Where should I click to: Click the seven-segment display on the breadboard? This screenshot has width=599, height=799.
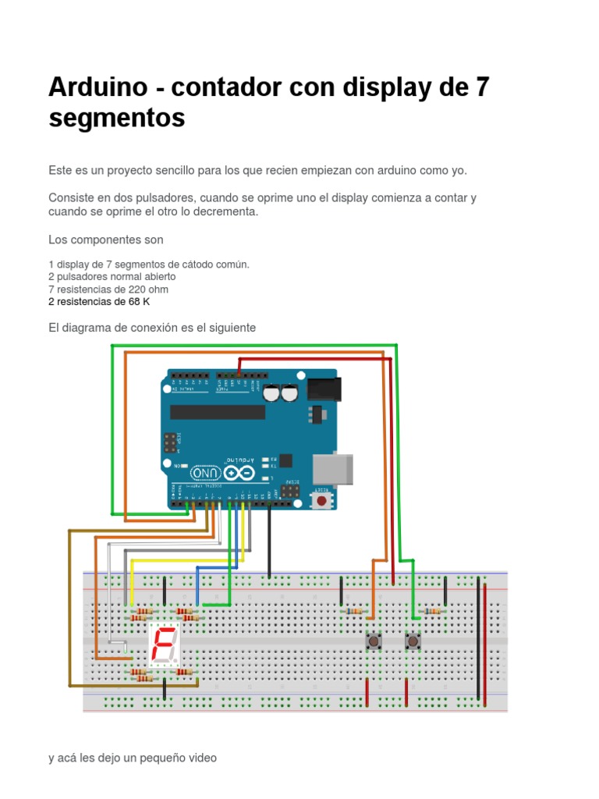(164, 645)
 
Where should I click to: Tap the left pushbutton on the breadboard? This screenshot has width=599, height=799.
(374, 641)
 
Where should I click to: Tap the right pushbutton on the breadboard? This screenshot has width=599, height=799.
(413, 641)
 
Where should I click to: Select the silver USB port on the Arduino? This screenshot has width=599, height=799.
(332, 468)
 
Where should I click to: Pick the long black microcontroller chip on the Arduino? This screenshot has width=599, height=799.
(218, 411)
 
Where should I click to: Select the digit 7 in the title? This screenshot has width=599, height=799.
(481, 87)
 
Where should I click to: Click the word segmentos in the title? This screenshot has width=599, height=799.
(117, 119)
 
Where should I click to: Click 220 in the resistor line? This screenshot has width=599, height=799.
(139, 289)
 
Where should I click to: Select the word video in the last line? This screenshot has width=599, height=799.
(201, 757)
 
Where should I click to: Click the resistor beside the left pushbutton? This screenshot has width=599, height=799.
(354, 612)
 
